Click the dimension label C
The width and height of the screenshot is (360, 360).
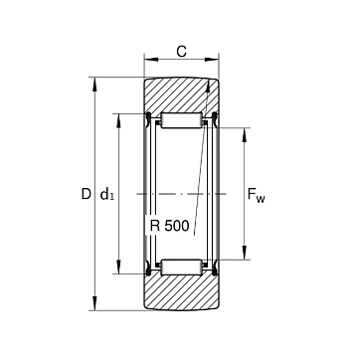coord(181,52)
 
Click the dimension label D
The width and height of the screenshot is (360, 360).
coord(86,194)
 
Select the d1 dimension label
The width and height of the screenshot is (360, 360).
coord(106,194)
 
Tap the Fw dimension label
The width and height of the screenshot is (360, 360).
coord(257,195)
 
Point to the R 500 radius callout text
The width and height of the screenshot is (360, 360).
coord(169,226)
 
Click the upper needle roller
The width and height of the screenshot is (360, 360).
coord(181,120)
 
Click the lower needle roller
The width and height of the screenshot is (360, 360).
coord(181,268)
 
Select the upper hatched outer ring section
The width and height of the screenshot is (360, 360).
coord(181,96)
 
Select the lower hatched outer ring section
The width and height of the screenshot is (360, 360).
coord(181,291)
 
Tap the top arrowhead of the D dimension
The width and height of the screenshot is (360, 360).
coord(95,85)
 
